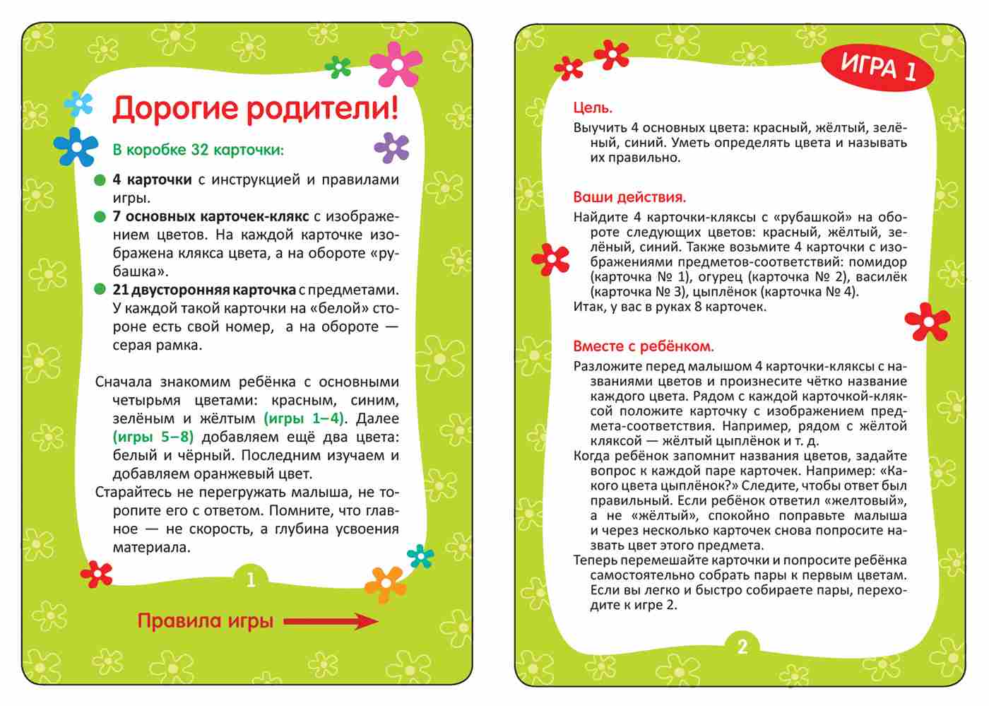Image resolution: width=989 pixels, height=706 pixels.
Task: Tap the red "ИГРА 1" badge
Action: pos(878,69)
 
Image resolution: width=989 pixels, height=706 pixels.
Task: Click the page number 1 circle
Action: pos(250,580)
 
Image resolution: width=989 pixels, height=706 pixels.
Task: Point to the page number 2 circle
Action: pos(742,647)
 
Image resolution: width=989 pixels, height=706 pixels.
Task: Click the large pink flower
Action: pos(396,64)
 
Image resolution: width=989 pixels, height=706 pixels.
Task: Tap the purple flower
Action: pos(391,148)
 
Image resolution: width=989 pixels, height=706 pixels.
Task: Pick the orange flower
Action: pos(386,584)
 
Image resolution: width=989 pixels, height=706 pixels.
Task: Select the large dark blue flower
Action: pos(76,146)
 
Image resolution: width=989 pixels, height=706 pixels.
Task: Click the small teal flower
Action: pos(421,556)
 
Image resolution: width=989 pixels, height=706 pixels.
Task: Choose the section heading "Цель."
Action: pos(593,108)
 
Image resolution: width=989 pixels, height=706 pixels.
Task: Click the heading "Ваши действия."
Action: pos(629,197)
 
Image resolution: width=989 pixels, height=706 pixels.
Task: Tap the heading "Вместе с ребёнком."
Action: pos(643,346)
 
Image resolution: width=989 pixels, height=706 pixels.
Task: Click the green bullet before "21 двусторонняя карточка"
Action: pos(100,290)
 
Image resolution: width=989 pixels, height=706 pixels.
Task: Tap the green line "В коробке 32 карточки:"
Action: pos(198,150)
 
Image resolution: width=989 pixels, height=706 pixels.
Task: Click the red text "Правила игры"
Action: pos(205,622)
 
